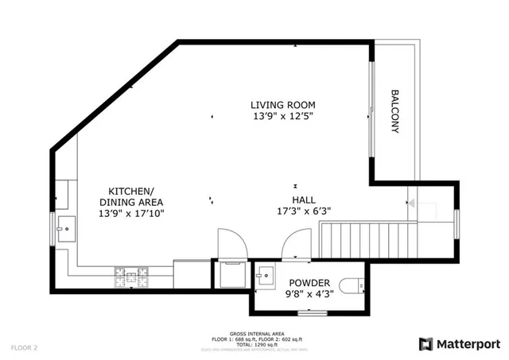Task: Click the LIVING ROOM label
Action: pos(283,105)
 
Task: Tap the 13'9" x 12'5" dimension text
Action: pos(283,116)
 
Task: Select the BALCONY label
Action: pos(394,112)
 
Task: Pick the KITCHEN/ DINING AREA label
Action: pos(131,197)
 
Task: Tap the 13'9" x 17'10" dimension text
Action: pos(131,214)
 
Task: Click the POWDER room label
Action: pos(309,283)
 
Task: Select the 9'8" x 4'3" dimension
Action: pos(309,294)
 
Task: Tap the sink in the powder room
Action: pos(266,275)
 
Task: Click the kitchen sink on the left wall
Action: pos(66,229)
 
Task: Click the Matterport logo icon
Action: pos(425,343)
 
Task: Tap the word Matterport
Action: pos(468,343)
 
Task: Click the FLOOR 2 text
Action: pos(25,347)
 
